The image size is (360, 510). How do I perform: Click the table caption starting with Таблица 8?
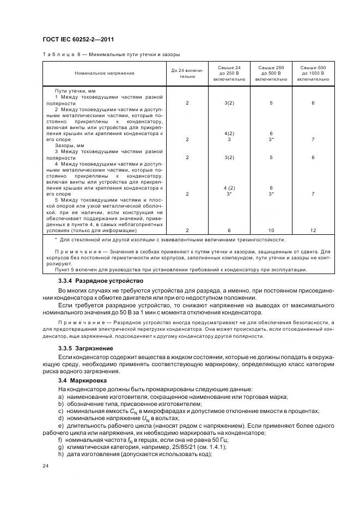(111, 54)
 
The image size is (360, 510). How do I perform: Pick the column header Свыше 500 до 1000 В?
(313, 73)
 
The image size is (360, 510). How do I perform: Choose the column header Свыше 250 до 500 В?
(271, 73)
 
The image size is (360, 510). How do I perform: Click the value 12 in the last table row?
(313, 230)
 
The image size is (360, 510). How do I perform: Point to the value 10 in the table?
(271, 230)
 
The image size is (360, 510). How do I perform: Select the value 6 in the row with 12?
(229, 230)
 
